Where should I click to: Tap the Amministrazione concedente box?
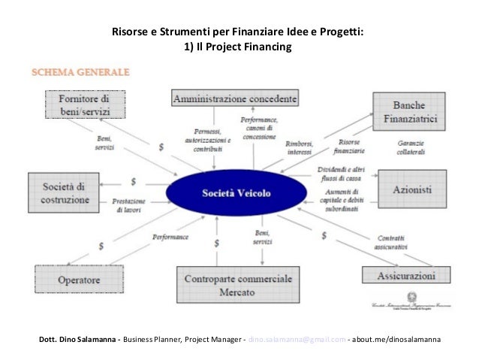tap(236, 98)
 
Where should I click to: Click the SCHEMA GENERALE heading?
tap(80, 73)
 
